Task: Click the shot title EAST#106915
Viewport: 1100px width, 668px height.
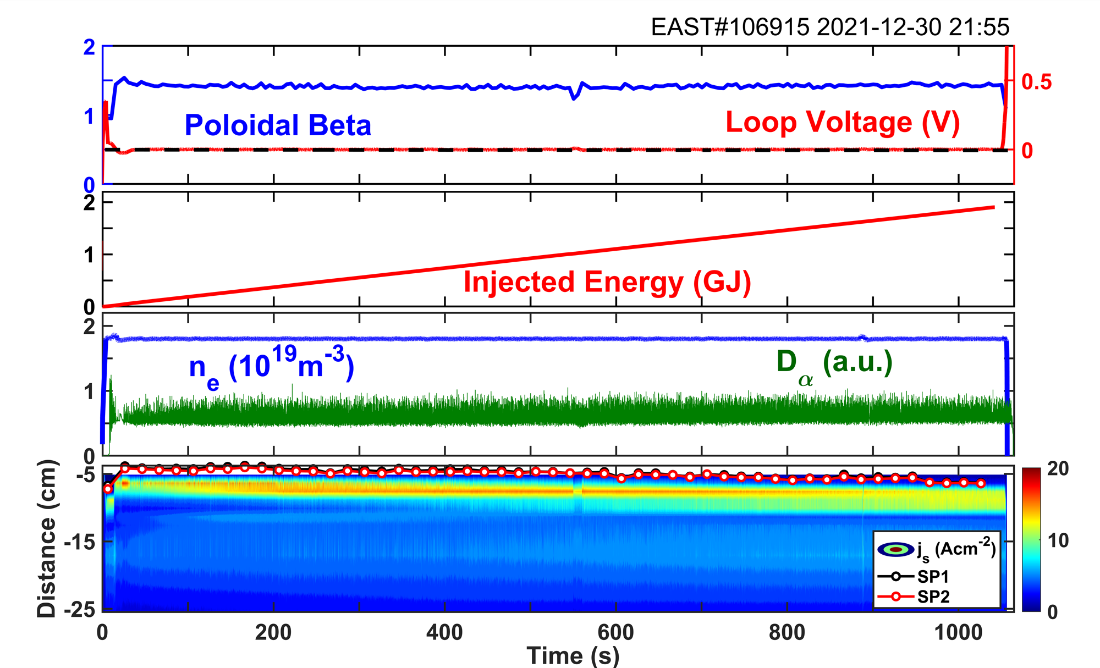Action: coord(730,27)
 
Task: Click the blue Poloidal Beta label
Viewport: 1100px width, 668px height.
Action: coord(278,125)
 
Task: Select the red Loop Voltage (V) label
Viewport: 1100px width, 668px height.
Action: coord(843,122)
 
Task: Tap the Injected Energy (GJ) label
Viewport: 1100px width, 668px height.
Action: coord(607,282)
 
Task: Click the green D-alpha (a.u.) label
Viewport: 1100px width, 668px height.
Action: coord(834,364)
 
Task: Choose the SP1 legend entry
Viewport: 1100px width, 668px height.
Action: coord(933,577)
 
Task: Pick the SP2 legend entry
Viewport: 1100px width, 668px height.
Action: coord(933,597)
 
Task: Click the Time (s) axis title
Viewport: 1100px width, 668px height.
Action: coord(573,655)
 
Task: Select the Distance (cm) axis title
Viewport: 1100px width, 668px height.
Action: coord(47,538)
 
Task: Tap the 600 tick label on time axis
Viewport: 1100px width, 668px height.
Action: coord(616,633)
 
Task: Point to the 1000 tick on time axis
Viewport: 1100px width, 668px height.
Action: coord(959,633)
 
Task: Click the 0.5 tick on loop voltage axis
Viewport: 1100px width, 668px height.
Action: coord(1036,82)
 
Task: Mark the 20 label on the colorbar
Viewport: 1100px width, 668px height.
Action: coord(1058,469)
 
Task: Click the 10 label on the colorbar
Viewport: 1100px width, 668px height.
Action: coord(1058,540)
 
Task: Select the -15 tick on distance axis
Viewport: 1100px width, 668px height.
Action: coord(80,543)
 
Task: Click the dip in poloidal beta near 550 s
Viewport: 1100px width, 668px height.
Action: coord(574,98)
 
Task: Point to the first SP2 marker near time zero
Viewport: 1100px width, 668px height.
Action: coord(108,489)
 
